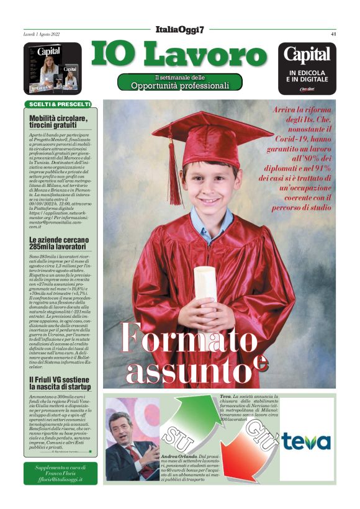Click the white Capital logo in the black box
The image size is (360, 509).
(x=307, y=55)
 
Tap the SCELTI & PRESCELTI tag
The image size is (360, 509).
(x=58, y=104)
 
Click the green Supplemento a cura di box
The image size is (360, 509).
(x=60, y=473)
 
